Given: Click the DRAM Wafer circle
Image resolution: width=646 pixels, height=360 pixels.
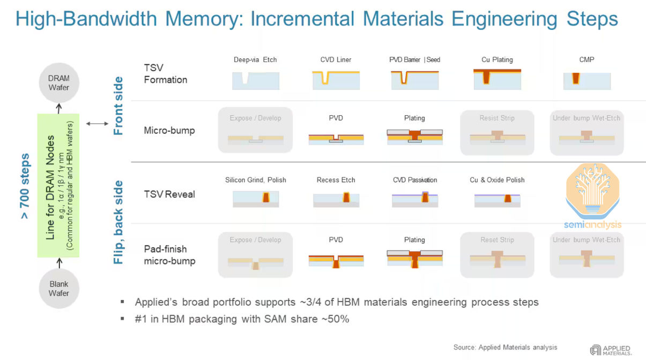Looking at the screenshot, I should (58, 83).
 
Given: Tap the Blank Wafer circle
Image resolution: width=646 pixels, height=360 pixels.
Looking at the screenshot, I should (58, 289).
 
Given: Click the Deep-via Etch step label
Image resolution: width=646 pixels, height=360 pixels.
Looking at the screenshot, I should (255, 59).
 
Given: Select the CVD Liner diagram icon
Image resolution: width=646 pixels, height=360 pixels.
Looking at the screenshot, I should (336, 79).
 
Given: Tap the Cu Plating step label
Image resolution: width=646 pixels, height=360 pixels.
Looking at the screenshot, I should (497, 59).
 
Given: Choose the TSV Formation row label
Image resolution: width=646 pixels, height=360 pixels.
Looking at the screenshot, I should (165, 74).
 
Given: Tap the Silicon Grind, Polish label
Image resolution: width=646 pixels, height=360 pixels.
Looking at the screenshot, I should (255, 180).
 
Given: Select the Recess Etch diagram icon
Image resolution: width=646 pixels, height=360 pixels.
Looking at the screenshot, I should (336, 199).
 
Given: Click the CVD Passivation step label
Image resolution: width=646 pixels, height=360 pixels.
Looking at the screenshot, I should (414, 180).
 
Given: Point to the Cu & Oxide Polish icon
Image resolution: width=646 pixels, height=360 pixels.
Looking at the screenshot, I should (497, 199).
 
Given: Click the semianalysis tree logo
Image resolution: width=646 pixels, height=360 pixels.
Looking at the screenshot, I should (592, 193).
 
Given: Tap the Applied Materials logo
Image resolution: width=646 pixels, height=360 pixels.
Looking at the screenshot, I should (611, 350).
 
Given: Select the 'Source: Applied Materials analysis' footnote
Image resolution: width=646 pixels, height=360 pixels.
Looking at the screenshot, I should (505, 347).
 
